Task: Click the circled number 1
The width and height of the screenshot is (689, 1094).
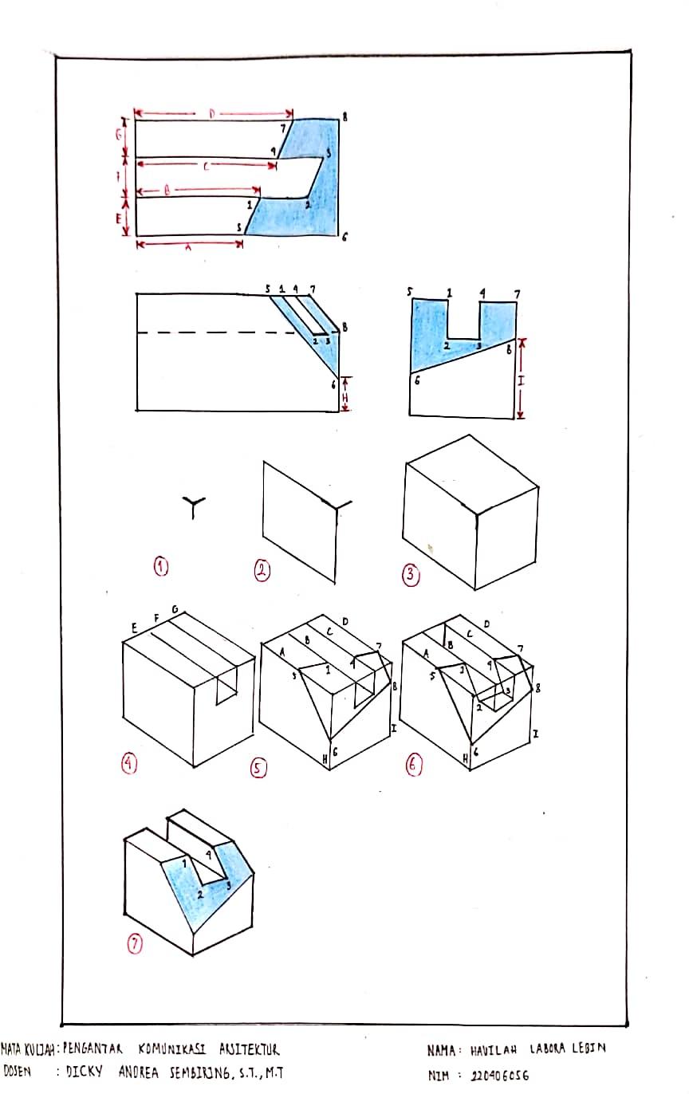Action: point(162,567)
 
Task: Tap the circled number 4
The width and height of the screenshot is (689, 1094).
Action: point(130,763)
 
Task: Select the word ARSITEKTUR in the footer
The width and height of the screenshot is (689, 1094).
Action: point(242,1049)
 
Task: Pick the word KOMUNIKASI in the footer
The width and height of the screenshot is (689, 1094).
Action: point(171,1049)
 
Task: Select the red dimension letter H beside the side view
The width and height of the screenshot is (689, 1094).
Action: point(344,394)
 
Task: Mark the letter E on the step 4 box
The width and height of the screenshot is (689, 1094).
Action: point(135,629)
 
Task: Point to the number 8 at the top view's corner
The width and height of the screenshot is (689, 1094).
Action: point(344,117)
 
